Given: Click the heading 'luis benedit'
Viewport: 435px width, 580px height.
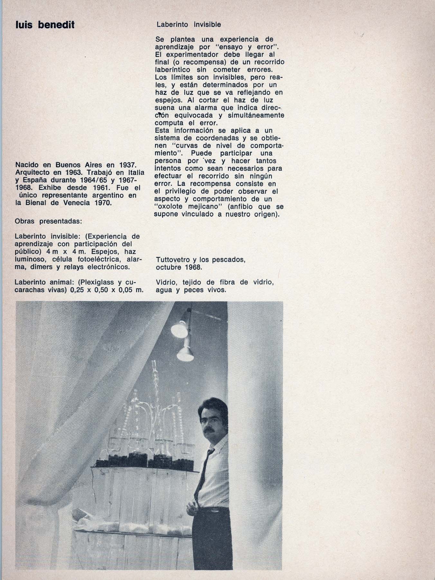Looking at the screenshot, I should pyautogui.click(x=45, y=25).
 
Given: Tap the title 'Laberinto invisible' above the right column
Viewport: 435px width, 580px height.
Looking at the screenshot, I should pyautogui.click(x=189, y=24).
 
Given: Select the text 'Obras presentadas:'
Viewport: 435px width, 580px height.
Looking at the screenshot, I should pyautogui.click(x=48, y=222).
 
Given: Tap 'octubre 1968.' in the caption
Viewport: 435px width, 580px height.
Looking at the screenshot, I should pyautogui.click(x=179, y=267).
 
